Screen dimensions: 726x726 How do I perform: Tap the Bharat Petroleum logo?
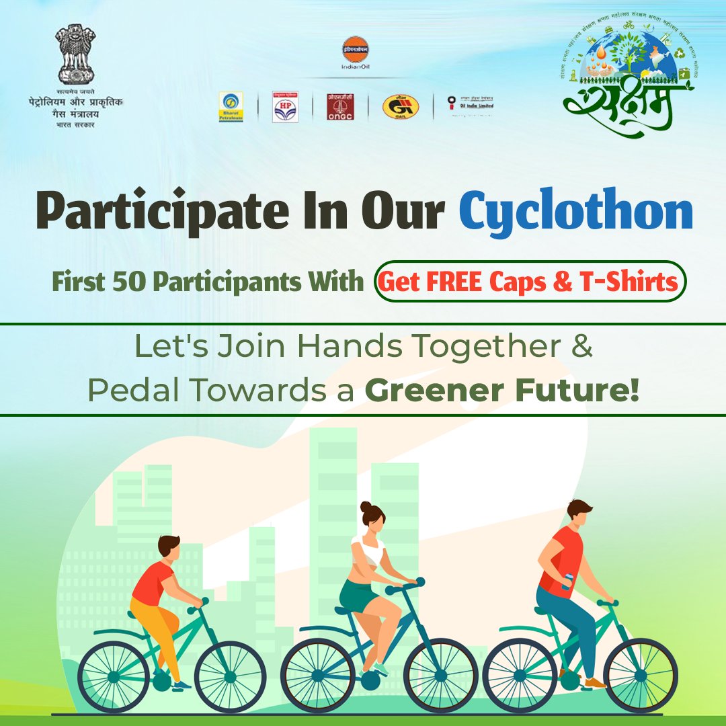pos(231,107)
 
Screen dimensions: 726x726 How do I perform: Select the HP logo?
pos(285,107)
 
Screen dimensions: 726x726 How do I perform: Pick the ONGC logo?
pos(340,107)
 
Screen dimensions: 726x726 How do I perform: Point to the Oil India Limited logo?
pos(471,105)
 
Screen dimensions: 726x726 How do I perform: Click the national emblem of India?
pos(75,54)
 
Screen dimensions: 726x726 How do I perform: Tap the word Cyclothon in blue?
pos(576,212)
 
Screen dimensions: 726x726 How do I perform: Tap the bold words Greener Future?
pos(501,390)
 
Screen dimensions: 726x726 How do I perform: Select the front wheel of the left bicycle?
pos(230,675)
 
